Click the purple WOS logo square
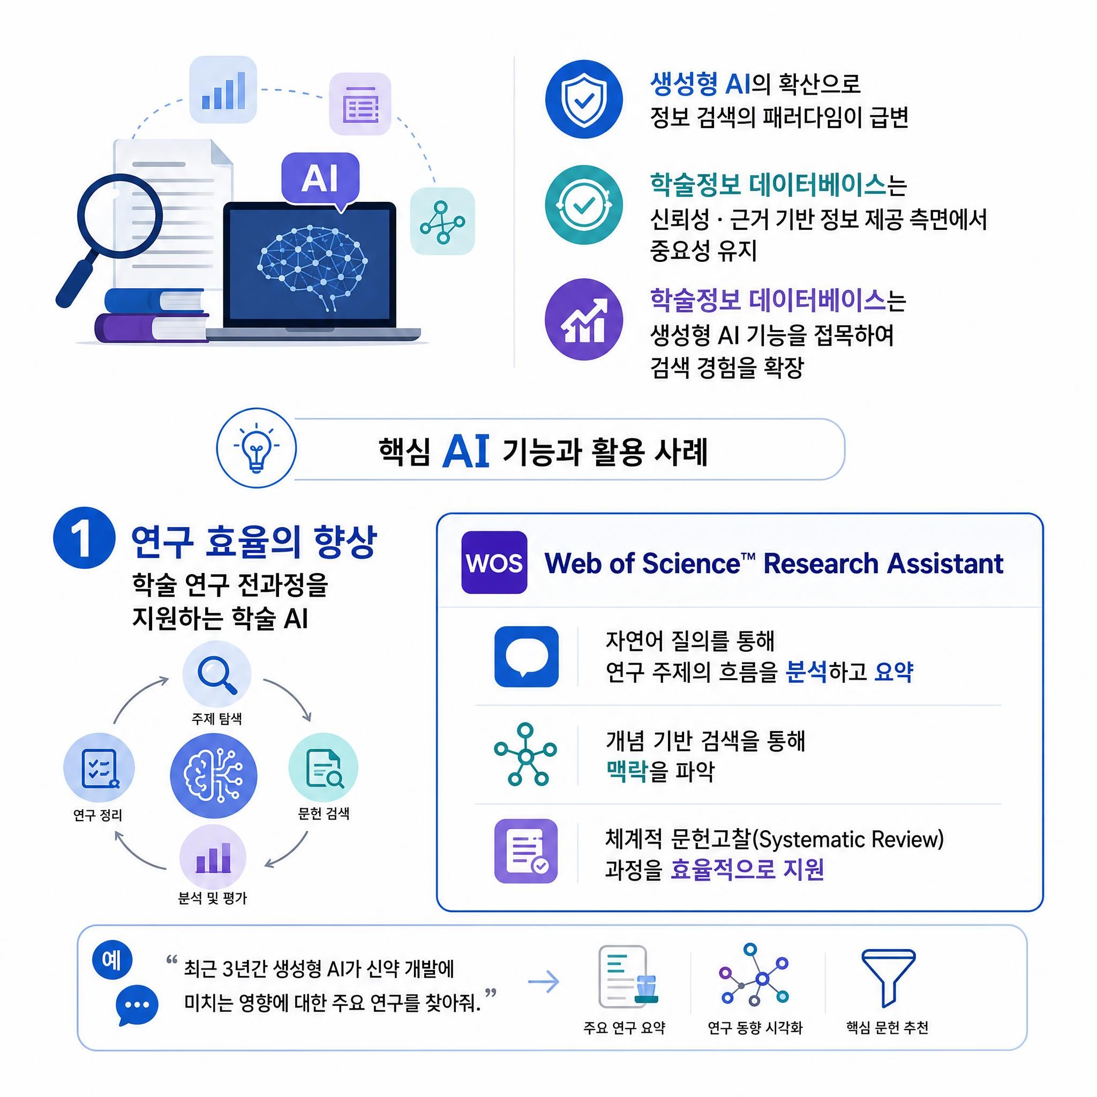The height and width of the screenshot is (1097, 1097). [494, 562]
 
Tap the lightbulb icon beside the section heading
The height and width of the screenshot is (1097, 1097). [257, 447]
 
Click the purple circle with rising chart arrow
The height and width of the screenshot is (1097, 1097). [584, 319]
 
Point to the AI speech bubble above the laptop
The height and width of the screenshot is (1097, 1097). [320, 181]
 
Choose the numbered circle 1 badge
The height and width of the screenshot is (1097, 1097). [84, 538]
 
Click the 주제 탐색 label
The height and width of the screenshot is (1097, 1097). [217, 719]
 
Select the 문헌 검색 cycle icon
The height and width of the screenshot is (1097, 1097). [324, 768]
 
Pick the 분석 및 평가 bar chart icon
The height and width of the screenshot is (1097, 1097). [213, 858]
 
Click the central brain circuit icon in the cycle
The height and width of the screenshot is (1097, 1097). [214, 776]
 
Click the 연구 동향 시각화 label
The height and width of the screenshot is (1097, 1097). [755, 1028]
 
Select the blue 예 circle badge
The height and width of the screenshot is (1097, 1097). [112, 960]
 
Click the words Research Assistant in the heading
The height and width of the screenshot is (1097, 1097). [883, 563]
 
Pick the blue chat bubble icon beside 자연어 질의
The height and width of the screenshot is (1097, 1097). [527, 656]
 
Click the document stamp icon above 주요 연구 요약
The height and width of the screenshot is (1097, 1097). [628, 976]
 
